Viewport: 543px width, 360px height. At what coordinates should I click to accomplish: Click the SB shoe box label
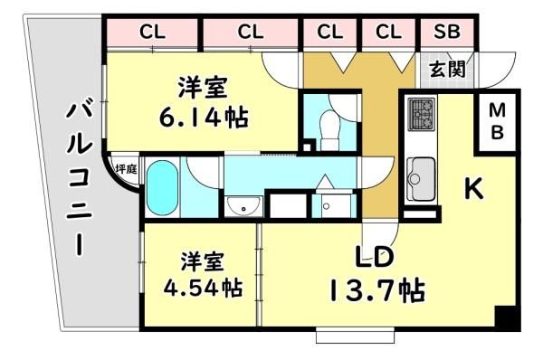pyautogui.click(x=447, y=32)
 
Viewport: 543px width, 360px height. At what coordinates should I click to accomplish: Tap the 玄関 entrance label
pyautogui.click(x=447, y=70)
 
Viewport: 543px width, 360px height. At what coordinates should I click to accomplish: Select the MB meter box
pyautogui.click(x=497, y=121)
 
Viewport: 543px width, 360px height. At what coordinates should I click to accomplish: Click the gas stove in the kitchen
pyautogui.click(x=422, y=114)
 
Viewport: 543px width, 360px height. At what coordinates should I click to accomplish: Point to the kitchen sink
pyautogui.click(x=421, y=179)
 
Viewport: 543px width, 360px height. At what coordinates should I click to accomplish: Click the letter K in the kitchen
pyautogui.click(x=473, y=189)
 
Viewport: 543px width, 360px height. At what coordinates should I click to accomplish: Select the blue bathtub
pyautogui.click(x=162, y=187)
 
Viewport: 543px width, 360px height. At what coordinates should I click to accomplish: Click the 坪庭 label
pyautogui.click(x=126, y=169)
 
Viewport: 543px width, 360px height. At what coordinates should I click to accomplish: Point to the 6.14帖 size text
pyautogui.click(x=204, y=118)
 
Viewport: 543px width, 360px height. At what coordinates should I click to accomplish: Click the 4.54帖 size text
pyautogui.click(x=203, y=288)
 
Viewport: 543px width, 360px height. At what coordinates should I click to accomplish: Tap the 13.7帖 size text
pyautogui.click(x=377, y=290)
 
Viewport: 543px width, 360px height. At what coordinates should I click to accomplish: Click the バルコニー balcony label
pyautogui.click(x=79, y=180)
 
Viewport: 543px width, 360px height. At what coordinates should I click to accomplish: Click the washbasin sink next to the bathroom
pyautogui.click(x=243, y=206)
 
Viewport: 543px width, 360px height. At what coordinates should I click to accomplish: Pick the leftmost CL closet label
pyautogui.click(x=152, y=33)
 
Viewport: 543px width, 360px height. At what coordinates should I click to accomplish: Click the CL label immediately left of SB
pyautogui.click(x=388, y=32)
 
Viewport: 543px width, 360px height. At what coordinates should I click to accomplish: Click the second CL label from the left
pyautogui.click(x=251, y=33)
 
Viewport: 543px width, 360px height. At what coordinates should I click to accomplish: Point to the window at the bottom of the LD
pyautogui.click(x=355, y=336)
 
